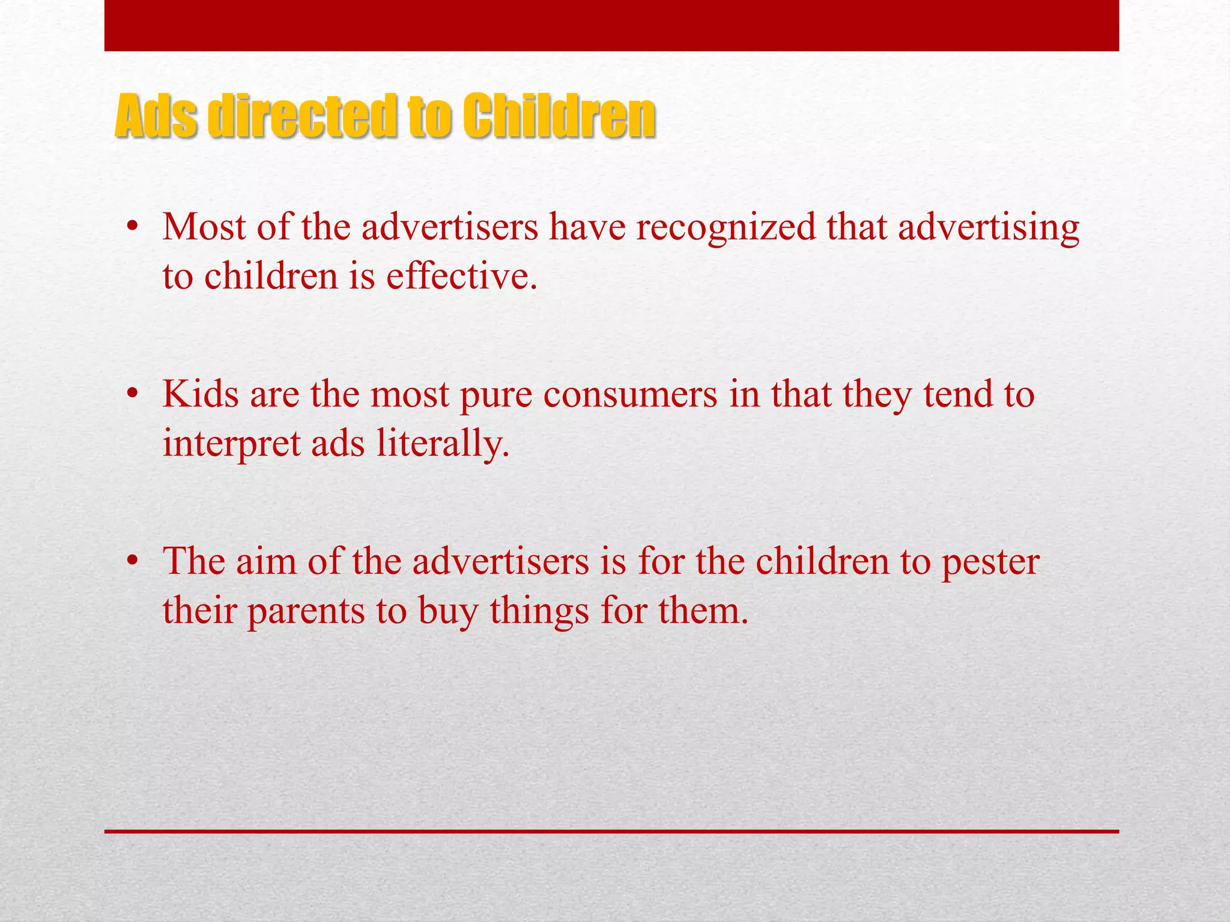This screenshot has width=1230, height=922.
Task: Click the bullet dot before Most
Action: click(133, 227)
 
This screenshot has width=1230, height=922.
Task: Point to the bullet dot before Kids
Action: click(133, 394)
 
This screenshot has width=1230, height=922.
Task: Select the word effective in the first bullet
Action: click(461, 277)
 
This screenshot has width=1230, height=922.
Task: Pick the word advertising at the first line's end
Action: click(989, 228)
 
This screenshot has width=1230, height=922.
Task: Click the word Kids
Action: click(201, 394)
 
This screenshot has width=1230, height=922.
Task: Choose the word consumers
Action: click(630, 395)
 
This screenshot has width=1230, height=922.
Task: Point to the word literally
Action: click(443, 444)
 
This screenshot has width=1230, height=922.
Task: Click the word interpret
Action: click(231, 445)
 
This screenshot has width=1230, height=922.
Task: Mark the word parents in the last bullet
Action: click(306, 612)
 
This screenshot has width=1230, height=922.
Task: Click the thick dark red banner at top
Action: click(611, 25)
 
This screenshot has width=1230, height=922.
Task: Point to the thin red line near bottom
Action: click(611, 831)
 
